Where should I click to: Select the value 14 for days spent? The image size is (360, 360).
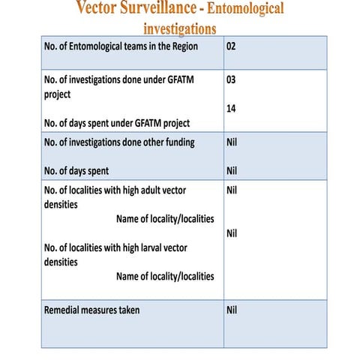[x=232, y=109]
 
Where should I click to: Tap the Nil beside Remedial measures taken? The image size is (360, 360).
[x=232, y=310]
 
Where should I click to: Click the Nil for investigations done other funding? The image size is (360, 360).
[x=232, y=141]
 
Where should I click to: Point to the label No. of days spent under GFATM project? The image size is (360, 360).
[x=117, y=123]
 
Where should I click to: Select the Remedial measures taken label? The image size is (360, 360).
[x=92, y=310]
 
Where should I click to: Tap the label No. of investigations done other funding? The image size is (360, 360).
[x=120, y=142]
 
